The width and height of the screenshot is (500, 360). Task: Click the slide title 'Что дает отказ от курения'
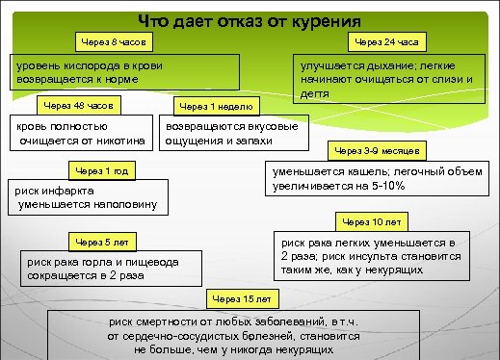point(250,20)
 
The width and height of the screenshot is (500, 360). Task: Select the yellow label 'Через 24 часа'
point(386,43)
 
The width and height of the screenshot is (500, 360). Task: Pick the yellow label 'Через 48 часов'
point(81,104)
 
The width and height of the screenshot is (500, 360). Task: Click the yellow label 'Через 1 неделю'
point(217,105)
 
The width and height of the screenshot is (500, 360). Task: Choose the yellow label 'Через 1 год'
point(101,170)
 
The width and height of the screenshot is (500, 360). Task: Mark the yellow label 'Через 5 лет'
point(101,241)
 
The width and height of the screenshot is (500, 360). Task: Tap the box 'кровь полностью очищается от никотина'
point(78,135)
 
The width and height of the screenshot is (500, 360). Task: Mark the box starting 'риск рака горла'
point(115,268)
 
